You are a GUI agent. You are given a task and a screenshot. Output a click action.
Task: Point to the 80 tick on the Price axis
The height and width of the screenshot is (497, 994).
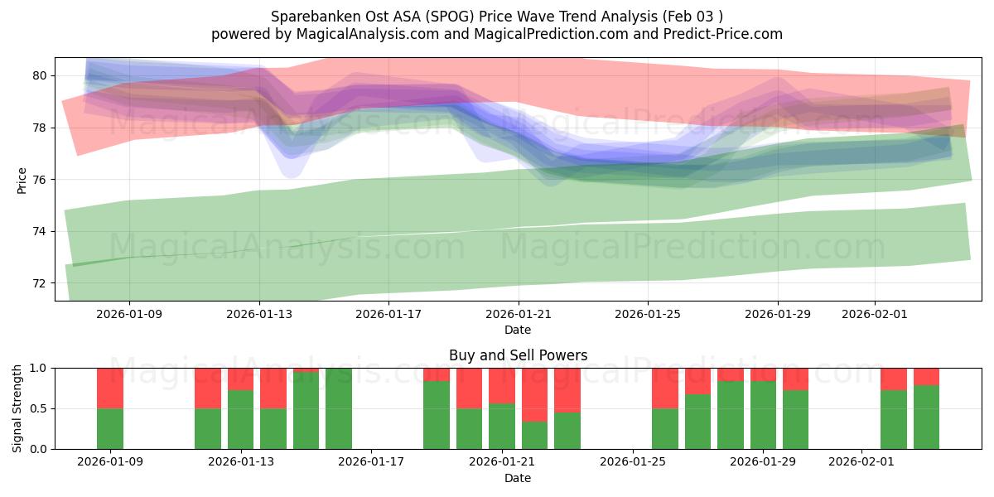pyautogui.click(x=39, y=75)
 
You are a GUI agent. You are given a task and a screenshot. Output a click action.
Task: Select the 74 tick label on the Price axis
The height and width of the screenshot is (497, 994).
pyautogui.click(x=39, y=231)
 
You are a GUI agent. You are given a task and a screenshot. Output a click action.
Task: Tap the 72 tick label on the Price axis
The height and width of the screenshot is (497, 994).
pyautogui.click(x=39, y=283)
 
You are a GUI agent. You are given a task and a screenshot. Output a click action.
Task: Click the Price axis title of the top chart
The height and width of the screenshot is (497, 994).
pyautogui.click(x=22, y=180)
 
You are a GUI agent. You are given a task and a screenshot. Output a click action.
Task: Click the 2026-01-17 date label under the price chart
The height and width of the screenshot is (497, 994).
pyautogui.click(x=388, y=315)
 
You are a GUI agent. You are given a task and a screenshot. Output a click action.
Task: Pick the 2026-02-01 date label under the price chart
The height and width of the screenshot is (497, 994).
pyautogui.click(x=875, y=315)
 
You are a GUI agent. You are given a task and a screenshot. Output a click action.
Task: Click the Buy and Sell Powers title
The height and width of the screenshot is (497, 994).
pyautogui.click(x=518, y=355)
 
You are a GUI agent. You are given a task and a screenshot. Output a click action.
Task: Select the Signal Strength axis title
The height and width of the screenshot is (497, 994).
pyautogui.click(x=17, y=408)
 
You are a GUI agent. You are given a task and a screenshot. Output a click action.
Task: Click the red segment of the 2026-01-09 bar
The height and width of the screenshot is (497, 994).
pyautogui.click(x=110, y=388)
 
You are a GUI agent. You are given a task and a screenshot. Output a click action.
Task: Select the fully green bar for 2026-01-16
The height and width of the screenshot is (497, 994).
pyautogui.click(x=339, y=408)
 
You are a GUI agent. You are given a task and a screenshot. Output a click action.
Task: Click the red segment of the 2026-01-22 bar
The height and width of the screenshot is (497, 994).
pyautogui.click(x=534, y=394)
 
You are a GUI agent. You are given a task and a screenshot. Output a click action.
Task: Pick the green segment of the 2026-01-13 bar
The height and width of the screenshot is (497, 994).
pyautogui.click(x=241, y=420)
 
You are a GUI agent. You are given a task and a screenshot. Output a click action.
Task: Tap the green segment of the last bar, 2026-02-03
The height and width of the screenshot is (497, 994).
pyautogui.click(x=926, y=417)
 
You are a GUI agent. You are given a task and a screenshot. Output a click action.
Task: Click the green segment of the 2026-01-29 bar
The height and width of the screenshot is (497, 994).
pyautogui.click(x=763, y=415)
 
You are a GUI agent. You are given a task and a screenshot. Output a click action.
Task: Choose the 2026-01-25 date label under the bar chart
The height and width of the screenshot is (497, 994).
pyautogui.click(x=633, y=462)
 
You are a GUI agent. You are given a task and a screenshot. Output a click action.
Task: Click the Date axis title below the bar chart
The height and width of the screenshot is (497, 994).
pyautogui.click(x=518, y=478)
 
